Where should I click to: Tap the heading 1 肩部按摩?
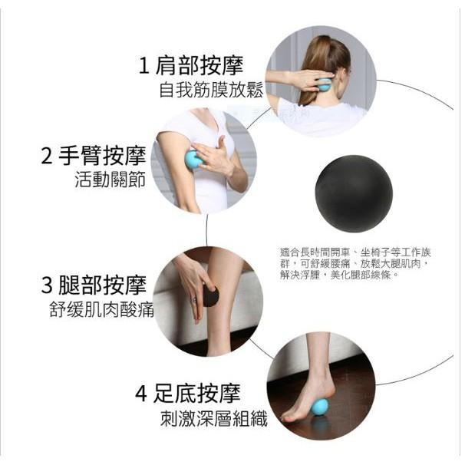(200, 66)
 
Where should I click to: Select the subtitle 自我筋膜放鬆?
(210, 91)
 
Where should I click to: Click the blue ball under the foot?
(319, 407)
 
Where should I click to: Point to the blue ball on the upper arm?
(193, 160)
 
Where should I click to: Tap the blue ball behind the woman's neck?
(325, 84)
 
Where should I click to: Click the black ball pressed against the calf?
(209, 296)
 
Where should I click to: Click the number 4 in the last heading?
(141, 394)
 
